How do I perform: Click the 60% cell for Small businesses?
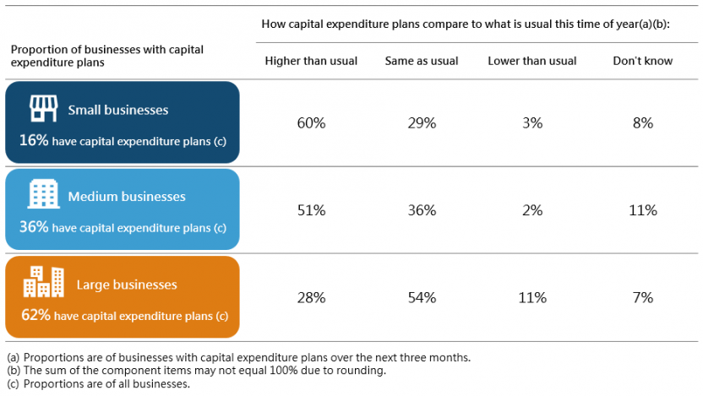pyautogui.click(x=311, y=123)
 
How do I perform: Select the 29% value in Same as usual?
pyautogui.click(x=422, y=123)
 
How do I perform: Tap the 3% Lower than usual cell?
pyautogui.click(x=531, y=123)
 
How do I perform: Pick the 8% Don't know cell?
pyautogui.click(x=642, y=123)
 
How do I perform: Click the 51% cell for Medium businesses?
pyautogui.click(x=311, y=210)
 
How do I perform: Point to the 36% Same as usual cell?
pyautogui.click(x=422, y=210)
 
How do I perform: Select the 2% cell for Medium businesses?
pyautogui.click(x=531, y=210)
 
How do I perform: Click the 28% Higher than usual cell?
pyautogui.click(x=311, y=297)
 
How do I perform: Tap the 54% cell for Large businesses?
pyautogui.click(x=422, y=297)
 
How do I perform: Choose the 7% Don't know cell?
pyautogui.click(x=642, y=297)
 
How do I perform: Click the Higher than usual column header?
pyautogui.click(x=311, y=61)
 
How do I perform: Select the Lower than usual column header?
pyautogui.click(x=532, y=61)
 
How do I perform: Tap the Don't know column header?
pyautogui.click(x=643, y=61)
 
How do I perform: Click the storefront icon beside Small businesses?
pyautogui.click(x=42, y=108)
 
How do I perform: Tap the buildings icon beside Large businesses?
pyautogui.click(x=43, y=283)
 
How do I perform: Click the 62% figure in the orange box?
pyautogui.click(x=35, y=316)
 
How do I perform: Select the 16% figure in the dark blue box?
pyautogui.click(x=33, y=141)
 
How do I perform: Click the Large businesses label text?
pyautogui.click(x=127, y=285)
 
